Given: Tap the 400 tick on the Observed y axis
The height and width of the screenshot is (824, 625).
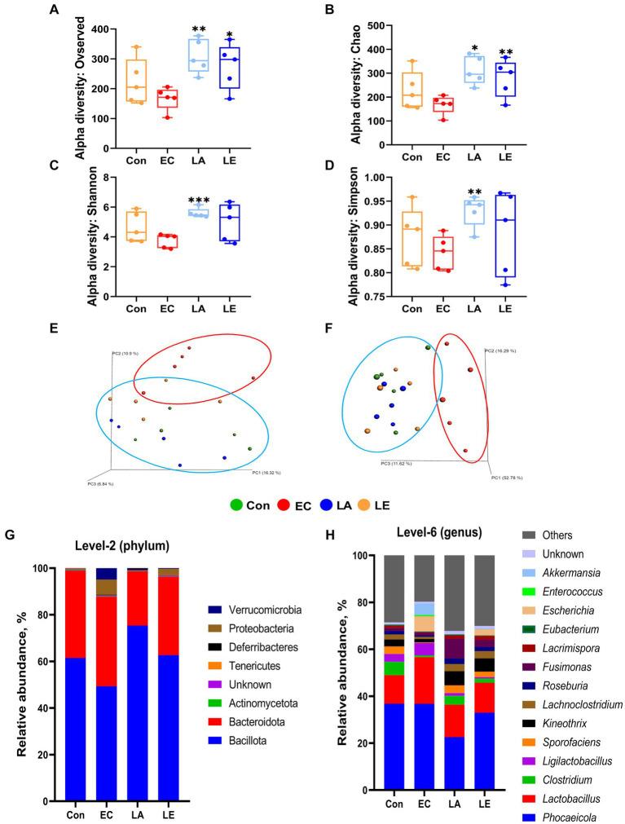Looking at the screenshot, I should click(x=107, y=29).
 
